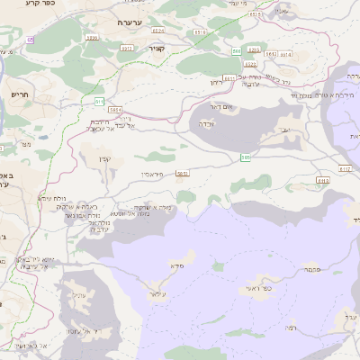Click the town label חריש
[x=19, y=94]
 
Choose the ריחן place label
[x=216, y=83]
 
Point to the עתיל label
[x=77, y=295]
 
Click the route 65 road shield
[x=30, y=39]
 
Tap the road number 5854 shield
[x=92, y=38]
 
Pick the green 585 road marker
[x=245, y=157]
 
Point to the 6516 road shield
[x=255, y=14]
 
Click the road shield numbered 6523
[x=250, y=65]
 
